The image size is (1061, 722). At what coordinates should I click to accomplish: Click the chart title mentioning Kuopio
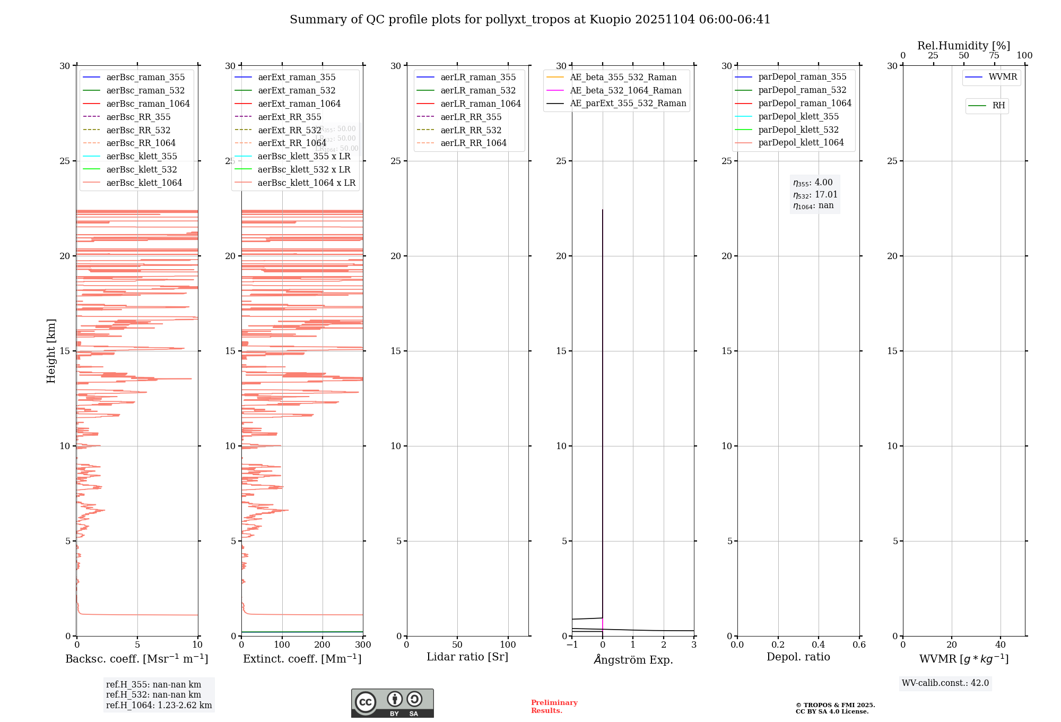[529, 20]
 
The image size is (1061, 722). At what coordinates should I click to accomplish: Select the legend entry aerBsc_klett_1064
[144, 183]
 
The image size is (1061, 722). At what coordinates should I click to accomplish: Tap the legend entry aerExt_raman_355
[296, 78]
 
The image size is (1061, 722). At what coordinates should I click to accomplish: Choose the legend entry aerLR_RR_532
[471, 130]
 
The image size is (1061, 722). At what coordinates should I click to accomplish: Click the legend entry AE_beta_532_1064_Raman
[625, 90]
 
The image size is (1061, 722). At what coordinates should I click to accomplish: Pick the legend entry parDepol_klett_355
[798, 116]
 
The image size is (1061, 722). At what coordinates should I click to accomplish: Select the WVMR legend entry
[1002, 77]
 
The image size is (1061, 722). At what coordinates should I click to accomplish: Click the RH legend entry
[998, 106]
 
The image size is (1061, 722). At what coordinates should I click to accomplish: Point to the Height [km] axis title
[51, 350]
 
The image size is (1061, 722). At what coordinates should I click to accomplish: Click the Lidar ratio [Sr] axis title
[467, 657]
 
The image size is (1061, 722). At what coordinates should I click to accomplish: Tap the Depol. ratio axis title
[798, 657]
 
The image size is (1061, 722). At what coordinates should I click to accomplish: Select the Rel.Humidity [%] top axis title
[963, 46]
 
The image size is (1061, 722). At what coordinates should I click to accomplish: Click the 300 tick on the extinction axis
[363, 645]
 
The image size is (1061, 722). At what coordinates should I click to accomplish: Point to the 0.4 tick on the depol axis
[819, 645]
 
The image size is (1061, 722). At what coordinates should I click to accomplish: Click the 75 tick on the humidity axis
[994, 56]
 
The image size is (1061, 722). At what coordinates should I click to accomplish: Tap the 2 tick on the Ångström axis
[664, 645]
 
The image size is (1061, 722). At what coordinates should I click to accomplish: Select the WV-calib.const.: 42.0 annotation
[945, 683]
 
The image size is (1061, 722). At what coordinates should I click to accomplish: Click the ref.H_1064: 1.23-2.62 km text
[159, 706]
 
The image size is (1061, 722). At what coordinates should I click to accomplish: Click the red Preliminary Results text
[554, 707]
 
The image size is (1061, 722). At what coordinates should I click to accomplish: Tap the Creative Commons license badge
[392, 703]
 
